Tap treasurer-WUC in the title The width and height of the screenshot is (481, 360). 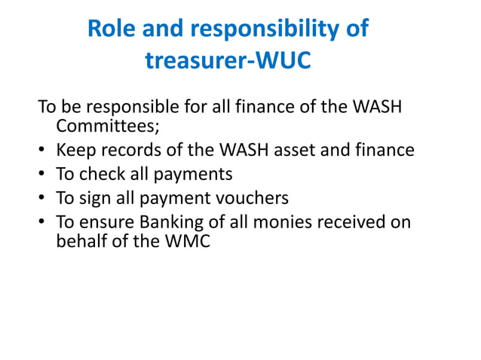[227, 60]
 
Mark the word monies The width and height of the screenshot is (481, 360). [294, 223]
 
